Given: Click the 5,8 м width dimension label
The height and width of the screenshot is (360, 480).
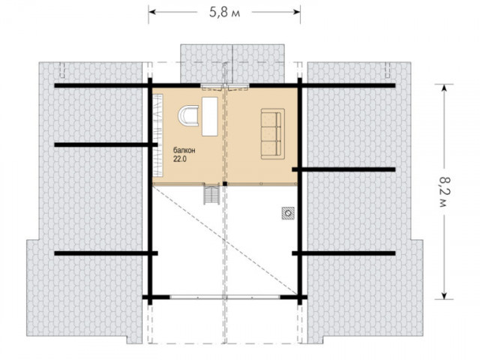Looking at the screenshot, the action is (224, 13).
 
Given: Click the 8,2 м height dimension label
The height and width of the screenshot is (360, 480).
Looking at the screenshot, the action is (443, 192).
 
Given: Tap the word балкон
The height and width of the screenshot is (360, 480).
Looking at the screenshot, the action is (184, 151).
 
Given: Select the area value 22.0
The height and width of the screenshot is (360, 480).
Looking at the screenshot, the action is (180, 159).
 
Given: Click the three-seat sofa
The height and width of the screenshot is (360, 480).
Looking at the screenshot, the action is (273, 133).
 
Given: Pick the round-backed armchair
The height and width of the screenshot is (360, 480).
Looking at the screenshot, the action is (188, 115).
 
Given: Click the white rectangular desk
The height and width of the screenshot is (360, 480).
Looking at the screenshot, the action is (210, 116).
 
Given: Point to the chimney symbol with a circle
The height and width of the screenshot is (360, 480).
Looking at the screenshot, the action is (288, 213).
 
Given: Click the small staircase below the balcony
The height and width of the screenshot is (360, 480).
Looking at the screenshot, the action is (211, 193).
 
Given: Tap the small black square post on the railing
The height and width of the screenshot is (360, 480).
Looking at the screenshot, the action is (225, 184).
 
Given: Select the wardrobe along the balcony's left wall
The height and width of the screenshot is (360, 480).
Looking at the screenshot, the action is (157, 135).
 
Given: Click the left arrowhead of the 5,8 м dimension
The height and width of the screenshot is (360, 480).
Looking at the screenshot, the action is (152, 12).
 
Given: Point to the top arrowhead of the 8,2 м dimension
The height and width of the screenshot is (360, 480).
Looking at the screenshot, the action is (444, 88).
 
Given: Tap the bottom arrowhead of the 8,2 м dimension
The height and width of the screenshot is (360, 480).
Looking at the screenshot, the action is (444, 295).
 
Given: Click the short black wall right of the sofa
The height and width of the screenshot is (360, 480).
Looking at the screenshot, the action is (343, 169).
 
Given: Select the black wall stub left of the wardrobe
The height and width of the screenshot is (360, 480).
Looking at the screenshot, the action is (106, 145).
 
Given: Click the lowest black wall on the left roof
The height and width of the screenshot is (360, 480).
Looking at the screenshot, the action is (106, 253).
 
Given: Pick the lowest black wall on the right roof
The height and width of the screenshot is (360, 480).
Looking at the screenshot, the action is (343, 253).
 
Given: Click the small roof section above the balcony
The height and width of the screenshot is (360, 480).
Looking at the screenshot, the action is (232, 63).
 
